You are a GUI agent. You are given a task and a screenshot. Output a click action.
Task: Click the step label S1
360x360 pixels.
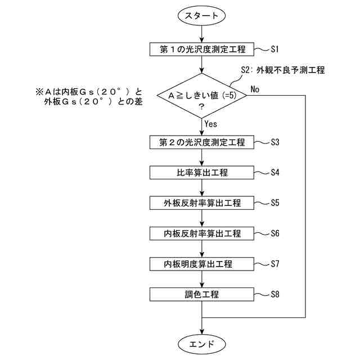(x=275, y=49)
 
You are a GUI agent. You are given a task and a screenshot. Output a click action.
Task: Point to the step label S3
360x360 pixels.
(x=275, y=142)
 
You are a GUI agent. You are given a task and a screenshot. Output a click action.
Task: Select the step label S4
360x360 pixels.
(x=275, y=172)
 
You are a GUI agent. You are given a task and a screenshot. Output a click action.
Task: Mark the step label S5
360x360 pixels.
(x=275, y=202)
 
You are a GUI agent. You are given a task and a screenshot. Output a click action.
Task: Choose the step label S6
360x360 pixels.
(x=275, y=233)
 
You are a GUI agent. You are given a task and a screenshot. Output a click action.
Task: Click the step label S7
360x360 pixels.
(x=275, y=263)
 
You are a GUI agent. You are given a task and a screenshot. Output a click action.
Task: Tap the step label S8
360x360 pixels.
(x=275, y=294)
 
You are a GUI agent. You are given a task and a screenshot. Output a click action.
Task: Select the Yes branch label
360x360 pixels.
(x=211, y=123)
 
